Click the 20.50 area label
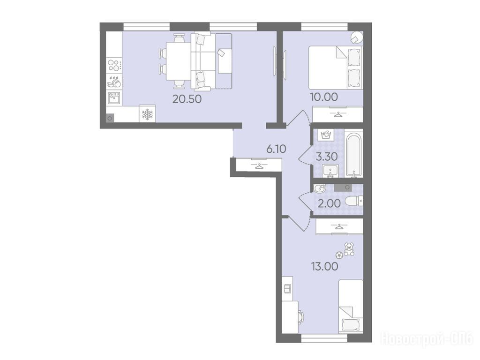(187, 99)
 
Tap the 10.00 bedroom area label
(323, 97)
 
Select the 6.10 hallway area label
(276, 149)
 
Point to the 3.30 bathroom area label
(327, 157)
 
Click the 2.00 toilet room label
(329, 203)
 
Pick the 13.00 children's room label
(325, 266)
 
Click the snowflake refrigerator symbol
(147, 114)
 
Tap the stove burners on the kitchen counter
(114, 65)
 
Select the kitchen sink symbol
(114, 98)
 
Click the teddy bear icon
(349, 249)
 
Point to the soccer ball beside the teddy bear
(339, 255)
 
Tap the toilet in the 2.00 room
(353, 201)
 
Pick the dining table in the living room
(178, 61)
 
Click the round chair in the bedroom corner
(357, 37)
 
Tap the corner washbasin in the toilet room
(320, 188)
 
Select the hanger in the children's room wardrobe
(339, 227)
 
